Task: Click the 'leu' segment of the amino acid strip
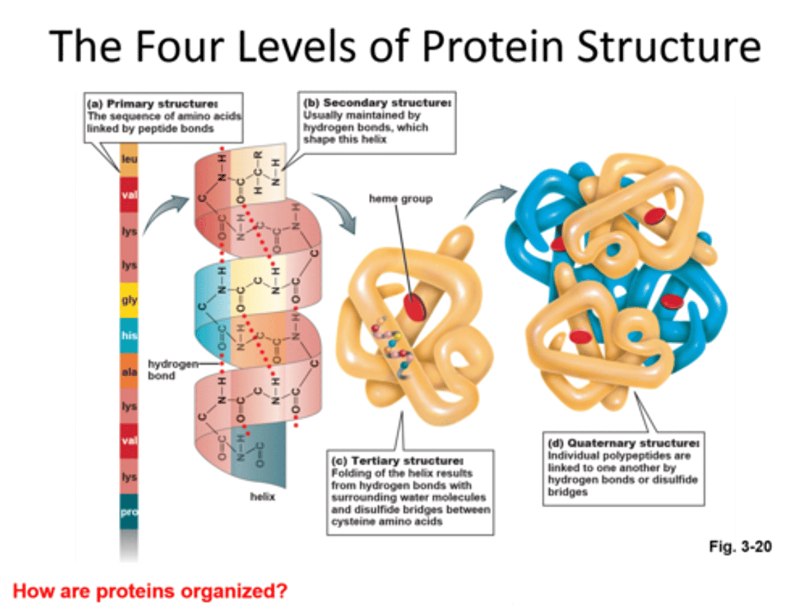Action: tap(129, 159)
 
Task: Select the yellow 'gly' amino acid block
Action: tap(129, 300)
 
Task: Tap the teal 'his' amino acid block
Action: tap(129, 335)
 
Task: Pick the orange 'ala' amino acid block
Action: tap(129, 371)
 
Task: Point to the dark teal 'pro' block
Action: tap(129, 511)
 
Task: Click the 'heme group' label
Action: tap(400, 198)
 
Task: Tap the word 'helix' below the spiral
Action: tap(262, 496)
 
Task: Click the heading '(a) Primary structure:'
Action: tap(152, 104)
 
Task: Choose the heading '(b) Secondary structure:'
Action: tap(377, 103)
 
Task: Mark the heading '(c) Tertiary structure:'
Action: tap(397, 461)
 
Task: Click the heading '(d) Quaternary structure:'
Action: tap(623, 443)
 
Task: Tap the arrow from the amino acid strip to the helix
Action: tap(166, 212)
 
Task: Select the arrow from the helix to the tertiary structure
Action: tap(337, 210)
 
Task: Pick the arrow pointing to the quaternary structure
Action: tap(491, 202)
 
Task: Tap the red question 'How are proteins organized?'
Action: tap(150, 591)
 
